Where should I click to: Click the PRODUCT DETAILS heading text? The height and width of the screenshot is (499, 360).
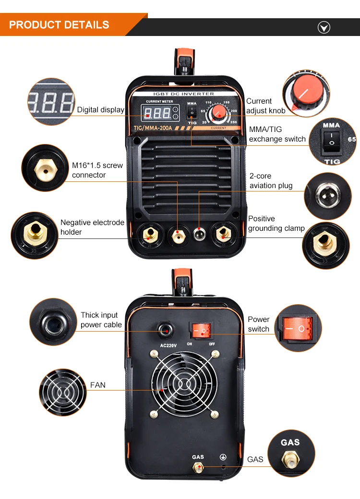[59, 25]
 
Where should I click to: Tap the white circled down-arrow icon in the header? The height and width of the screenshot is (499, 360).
[324, 28]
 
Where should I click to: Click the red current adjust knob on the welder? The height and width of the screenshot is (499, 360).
[219, 112]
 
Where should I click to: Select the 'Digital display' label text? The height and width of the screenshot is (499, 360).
[100, 110]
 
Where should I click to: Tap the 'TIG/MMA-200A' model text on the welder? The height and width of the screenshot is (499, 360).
[153, 128]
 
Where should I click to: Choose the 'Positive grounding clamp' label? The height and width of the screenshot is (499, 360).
[276, 223]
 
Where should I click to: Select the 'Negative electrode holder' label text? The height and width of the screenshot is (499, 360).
[92, 227]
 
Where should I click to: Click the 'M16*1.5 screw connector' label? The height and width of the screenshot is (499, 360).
[97, 170]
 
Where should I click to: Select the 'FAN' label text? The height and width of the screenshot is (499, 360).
[98, 385]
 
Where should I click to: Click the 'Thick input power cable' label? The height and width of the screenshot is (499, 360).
[101, 320]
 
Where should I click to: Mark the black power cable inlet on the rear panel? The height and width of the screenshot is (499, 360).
[167, 330]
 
